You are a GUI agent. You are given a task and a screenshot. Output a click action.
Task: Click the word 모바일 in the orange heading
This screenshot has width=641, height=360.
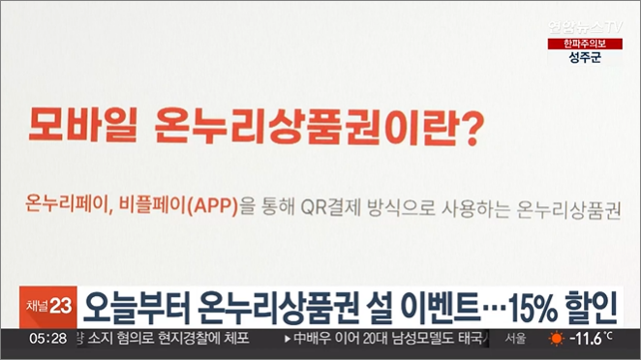(76, 125)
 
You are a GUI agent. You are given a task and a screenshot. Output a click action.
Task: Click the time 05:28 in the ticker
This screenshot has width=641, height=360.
(47, 339)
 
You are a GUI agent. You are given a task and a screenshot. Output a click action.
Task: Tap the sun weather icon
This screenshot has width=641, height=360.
(556, 339)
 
